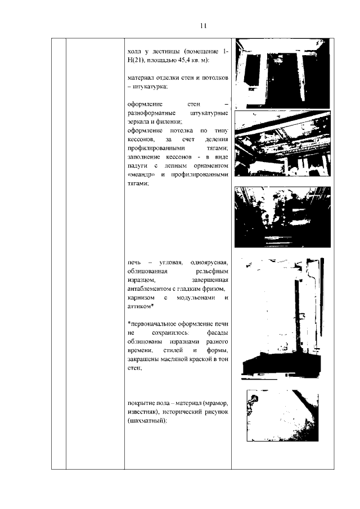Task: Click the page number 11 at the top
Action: tap(204, 25)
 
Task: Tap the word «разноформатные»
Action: tap(151, 113)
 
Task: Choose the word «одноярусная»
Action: tap(209, 262)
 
